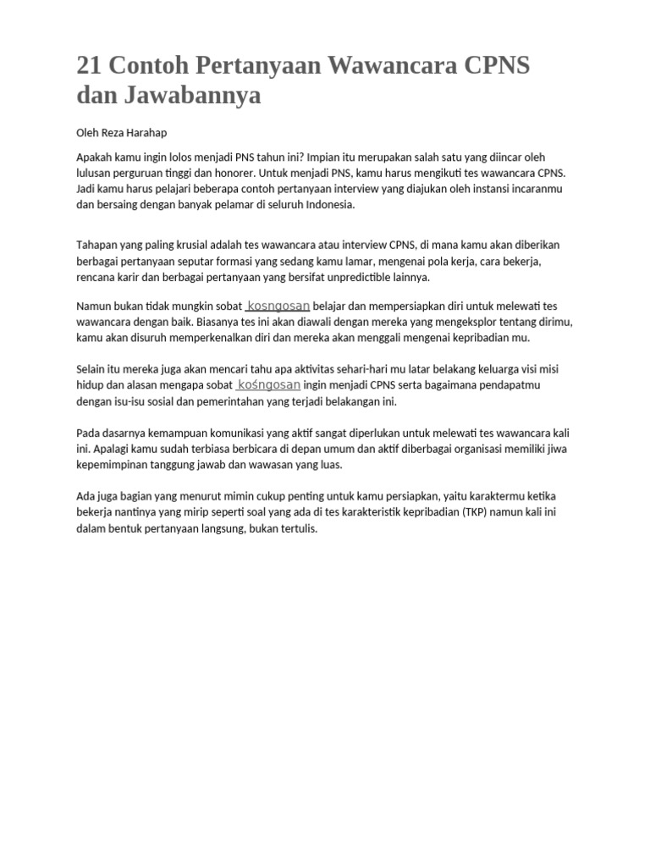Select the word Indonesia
pyautogui.click(x=330, y=205)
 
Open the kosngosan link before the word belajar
pyautogui.click(x=278, y=305)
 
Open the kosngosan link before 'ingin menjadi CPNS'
pyautogui.click(x=269, y=384)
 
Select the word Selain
pyautogui.click(x=91, y=369)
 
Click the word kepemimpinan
pyautogui.click(x=113, y=465)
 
